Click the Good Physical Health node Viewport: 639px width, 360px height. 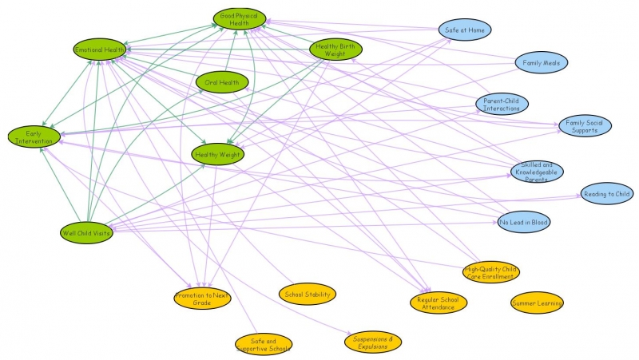pos(240,19)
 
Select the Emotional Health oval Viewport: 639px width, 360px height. pos(100,50)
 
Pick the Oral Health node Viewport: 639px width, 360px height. pos(223,81)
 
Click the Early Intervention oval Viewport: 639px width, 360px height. pos(34,136)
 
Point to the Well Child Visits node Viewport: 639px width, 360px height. pos(86,233)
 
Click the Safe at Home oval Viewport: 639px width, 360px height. pos(464,30)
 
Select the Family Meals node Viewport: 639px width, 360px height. pos(540,62)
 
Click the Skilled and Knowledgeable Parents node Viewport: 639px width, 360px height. pos(537,171)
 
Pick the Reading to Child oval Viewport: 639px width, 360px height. pos(607,194)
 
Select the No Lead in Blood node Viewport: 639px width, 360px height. pos(523,222)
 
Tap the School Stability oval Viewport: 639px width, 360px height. pos(308,294)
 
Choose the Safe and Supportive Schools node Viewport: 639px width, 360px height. pos(264,344)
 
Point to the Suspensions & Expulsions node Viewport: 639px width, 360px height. pos(373,342)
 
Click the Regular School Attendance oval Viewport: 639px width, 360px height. pos(437,303)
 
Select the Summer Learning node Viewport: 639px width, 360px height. pos(537,303)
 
